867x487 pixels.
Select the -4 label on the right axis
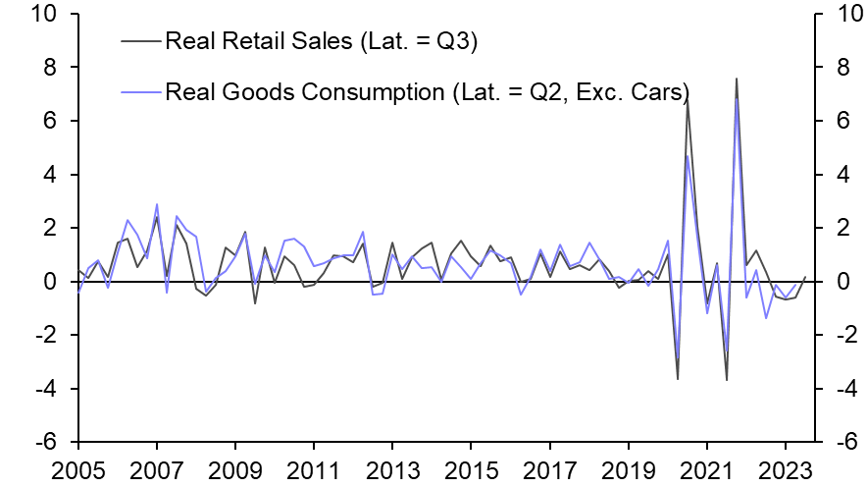point(837,390)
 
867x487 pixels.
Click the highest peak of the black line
point(737,79)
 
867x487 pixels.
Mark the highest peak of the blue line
point(737,97)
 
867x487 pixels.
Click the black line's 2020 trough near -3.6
point(678,379)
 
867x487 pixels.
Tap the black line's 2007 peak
point(157,216)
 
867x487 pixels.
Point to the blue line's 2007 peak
point(157,204)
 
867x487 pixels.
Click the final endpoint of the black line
point(805,277)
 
